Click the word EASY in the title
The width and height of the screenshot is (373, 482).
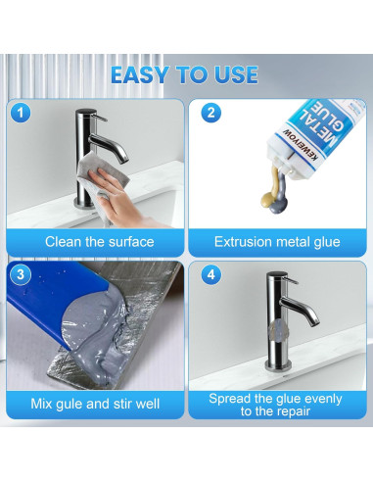tap(140, 75)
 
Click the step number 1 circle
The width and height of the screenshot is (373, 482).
tap(21, 113)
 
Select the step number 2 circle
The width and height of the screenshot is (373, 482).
tap(210, 113)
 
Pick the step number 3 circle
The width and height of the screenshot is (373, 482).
tap(21, 274)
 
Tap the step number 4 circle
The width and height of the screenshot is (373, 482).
tap(210, 274)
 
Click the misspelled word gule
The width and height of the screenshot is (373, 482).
tap(70, 404)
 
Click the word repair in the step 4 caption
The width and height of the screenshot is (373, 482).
tap(291, 411)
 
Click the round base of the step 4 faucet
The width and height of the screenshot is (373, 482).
tap(278, 365)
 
